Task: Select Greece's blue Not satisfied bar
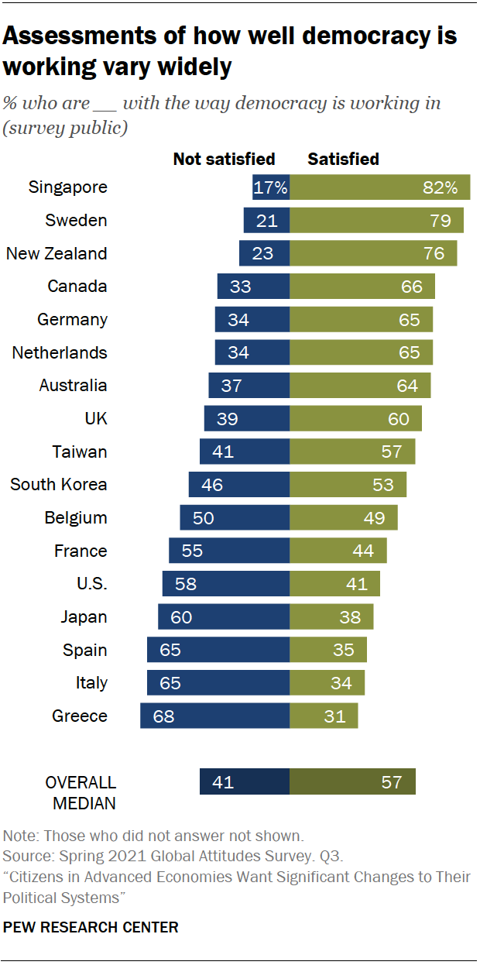[214, 716]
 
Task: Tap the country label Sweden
[76, 221]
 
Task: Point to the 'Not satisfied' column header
[224, 160]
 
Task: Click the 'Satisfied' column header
[343, 160]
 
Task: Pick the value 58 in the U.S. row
[186, 584]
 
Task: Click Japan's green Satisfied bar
[331, 616]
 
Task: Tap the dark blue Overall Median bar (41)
[244, 781]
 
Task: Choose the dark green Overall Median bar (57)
[352, 781]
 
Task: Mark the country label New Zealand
[57, 253]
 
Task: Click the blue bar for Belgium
[235, 517]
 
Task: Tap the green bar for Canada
[362, 287]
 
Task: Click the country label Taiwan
[80, 452]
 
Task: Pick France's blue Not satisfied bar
[229, 551]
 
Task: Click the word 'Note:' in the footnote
[22, 836]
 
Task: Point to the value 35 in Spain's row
[344, 650]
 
